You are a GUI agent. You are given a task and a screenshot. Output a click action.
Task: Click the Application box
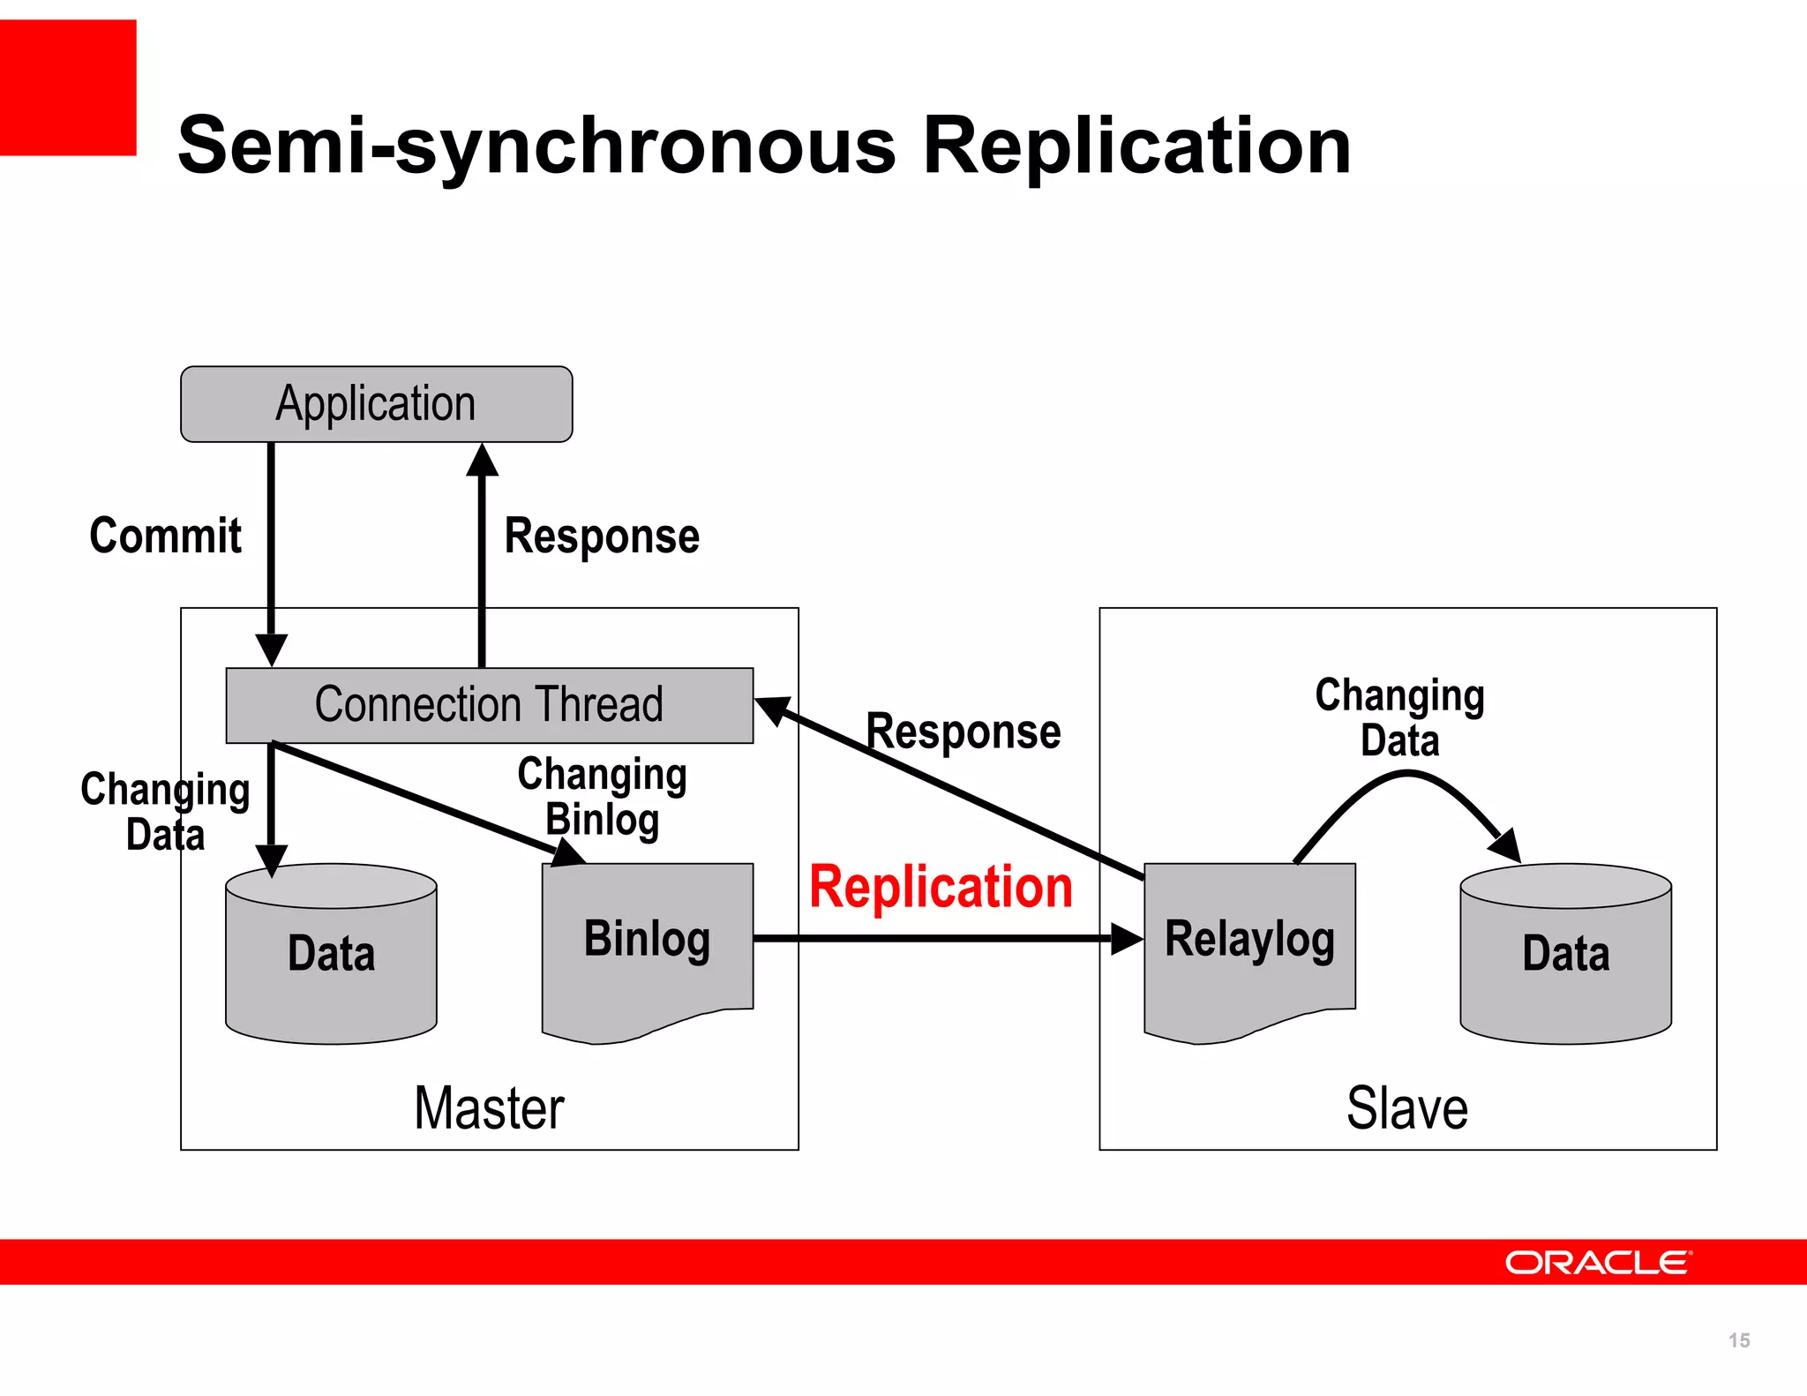(x=376, y=404)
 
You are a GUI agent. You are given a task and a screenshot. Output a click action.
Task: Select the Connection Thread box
(x=489, y=705)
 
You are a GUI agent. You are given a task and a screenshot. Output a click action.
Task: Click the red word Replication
(x=941, y=887)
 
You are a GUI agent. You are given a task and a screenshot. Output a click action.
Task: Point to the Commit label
(x=165, y=536)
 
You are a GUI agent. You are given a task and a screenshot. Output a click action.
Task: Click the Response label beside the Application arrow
(x=602, y=537)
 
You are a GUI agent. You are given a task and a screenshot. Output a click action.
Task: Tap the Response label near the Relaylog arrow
(x=963, y=732)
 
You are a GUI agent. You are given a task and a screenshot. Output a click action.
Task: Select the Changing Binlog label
(x=602, y=796)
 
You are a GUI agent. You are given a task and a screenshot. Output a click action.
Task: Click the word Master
(x=489, y=1108)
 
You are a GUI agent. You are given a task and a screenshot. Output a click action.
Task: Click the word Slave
(x=1407, y=1108)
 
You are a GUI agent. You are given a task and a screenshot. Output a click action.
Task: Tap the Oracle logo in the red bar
(x=1598, y=1263)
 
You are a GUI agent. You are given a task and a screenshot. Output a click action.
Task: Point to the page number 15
(x=1739, y=1340)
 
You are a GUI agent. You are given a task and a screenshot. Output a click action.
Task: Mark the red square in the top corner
(x=68, y=87)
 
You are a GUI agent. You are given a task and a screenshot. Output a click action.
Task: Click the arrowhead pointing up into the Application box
(x=482, y=461)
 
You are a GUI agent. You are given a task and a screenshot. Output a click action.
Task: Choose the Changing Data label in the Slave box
(x=1400, y=717)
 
